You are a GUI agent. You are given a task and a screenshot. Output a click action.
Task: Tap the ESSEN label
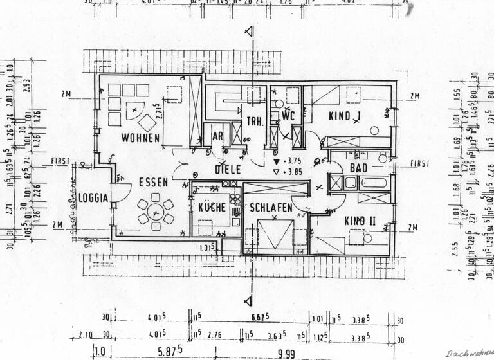[x=153, y=182]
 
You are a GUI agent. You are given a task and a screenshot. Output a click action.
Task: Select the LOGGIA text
[x=94, y=198]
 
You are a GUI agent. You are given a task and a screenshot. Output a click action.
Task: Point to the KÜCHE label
[x=212, y=208]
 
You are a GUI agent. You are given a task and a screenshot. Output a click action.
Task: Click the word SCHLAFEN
[x=271, y=208]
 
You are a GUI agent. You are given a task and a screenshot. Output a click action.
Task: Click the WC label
[x=288, y=116]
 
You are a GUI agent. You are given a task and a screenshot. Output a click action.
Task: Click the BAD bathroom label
[x=358, y=168]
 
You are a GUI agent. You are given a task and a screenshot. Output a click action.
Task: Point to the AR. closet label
[x=215, y=136]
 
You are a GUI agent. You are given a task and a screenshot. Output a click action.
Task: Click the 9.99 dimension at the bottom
[x=286, y=352]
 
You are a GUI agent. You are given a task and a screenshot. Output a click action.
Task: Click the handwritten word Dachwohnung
[x=469, y=352]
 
